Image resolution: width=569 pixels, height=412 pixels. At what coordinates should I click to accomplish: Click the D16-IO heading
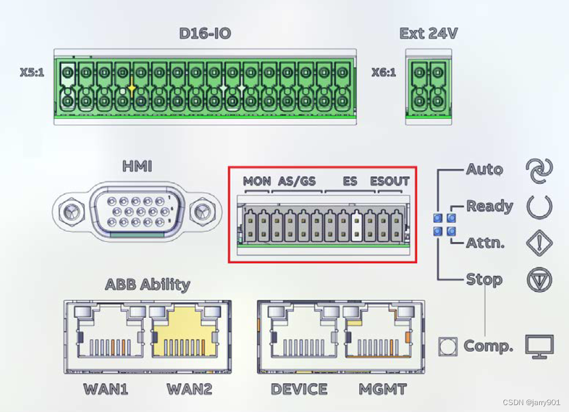[x=205, y=33]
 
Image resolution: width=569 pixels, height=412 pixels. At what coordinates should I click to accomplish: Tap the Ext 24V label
[x=429, y=33]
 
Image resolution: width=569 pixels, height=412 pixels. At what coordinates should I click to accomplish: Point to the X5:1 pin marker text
[x=32, y=74]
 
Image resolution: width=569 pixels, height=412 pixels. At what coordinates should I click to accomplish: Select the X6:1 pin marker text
[x=383, y=73]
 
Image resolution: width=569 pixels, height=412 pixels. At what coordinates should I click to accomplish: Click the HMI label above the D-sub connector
[x=137, y=167]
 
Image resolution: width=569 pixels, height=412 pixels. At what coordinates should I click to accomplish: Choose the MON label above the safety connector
[x=257, y=182]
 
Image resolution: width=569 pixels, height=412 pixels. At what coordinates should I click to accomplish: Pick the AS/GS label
[x=297, y=182]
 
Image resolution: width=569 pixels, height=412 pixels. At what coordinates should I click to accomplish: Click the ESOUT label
[x=390, y=182]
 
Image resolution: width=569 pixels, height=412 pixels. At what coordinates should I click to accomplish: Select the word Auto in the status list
[x=484, y=170]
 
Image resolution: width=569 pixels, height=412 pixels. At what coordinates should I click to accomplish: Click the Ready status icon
[x=539, y=206]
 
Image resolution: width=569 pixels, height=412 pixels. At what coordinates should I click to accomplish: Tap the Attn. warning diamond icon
[x=539, y=243]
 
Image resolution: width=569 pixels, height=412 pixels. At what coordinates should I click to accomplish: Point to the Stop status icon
[x=539, y=280]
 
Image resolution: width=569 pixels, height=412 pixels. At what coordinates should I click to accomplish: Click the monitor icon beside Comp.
[x=539, y=346]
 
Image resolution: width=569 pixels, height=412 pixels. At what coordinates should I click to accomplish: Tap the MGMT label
[x=382, y=389]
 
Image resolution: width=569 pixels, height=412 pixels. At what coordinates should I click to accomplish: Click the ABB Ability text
[x=147, y=284]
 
